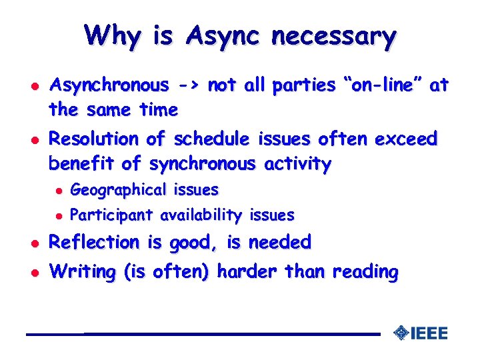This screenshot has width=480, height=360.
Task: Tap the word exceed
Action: [406, 139]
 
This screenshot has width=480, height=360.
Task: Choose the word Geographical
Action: [118, 190]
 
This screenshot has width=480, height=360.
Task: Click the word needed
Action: [279, 243]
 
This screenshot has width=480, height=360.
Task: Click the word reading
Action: [365, 272]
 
